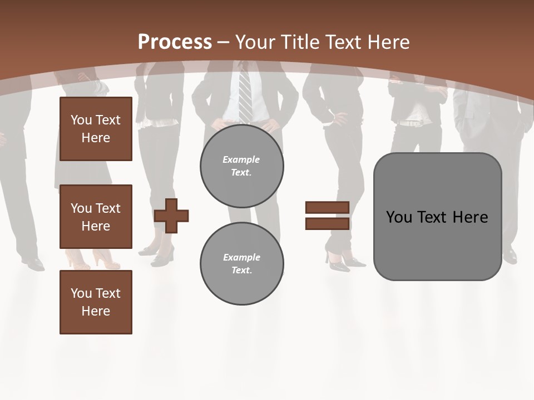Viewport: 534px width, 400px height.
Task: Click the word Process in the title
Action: pos(175,42)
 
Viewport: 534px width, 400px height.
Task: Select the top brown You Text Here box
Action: pos(96,129)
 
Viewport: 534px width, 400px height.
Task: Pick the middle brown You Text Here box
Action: pos(96,217)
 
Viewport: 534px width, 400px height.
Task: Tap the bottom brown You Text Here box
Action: pos(96,302)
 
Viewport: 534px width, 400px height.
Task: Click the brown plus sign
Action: pos(171,215)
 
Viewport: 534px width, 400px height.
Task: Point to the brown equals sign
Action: pos(327,216)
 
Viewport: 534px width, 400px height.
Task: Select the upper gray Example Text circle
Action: pos(241,166)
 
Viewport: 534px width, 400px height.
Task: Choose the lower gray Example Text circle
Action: pos(241,264)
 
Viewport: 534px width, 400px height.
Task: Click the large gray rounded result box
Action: pos(437,216)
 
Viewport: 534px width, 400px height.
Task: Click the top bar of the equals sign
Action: pos(327,207)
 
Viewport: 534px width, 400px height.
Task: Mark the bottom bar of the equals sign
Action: pos(327,223)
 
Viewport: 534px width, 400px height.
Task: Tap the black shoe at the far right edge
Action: pos(510,257)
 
